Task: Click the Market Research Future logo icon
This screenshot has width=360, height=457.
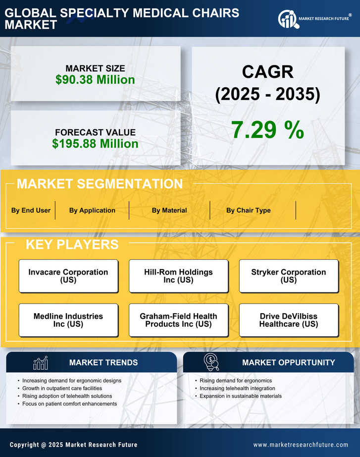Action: point(288,19)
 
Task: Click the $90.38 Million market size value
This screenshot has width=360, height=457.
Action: point(95,80)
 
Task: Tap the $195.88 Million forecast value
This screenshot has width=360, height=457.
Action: point(95,144)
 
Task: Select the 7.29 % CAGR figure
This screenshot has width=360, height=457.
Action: point(267,130)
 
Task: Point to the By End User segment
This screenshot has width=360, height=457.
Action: point(31,210)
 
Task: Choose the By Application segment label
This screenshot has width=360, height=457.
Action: point(92,210)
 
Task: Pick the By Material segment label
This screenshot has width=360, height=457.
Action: point(169,210)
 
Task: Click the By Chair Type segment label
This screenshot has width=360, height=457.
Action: point(249,210)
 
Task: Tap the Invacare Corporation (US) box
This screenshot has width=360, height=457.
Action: point(68,276)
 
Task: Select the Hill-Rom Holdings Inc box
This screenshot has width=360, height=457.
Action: point(178,276)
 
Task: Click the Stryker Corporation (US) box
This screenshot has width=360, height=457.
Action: point(289,276)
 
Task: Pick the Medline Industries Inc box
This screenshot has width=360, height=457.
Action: point(68,320)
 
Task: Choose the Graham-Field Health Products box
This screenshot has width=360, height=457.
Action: point(178,320)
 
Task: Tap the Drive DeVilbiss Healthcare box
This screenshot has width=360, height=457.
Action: point(289,320)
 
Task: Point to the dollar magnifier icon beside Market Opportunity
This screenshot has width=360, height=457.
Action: point(211,362)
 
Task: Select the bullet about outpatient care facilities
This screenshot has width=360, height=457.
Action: point(62,389)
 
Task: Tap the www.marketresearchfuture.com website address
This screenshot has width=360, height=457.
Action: point(301,445)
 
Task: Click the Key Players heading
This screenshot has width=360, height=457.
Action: point(72,244)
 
